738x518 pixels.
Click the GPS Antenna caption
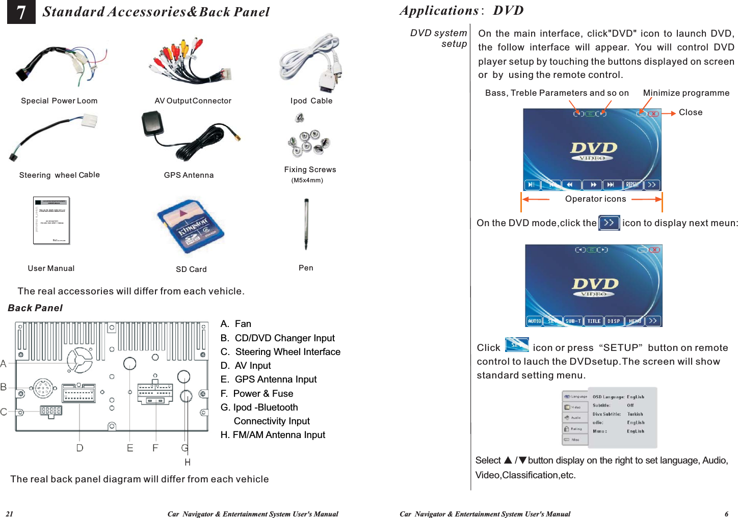pos(189,175)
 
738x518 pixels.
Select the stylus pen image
pos(306,224)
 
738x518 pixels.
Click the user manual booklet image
pos(51,221)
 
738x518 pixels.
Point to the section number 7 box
pos(21,12)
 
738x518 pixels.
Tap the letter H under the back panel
pos(188,462)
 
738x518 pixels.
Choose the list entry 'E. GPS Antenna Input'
pos(269,379)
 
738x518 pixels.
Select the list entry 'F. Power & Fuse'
pos(257,394)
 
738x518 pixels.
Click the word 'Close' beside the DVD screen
pos(691,113)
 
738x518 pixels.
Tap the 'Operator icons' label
pos(595,199)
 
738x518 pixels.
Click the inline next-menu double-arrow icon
pos(609,223)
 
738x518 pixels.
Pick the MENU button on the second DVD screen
pos(635,321)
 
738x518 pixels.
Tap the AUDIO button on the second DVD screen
pos(535,321)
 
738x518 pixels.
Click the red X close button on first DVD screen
pos(653,114)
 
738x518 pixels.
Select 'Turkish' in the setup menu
pos(635,414)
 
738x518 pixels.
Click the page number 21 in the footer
pos(9,514)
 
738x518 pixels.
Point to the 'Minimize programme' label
pos(686,93)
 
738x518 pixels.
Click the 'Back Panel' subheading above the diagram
pos(35,308)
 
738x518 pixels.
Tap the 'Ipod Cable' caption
pos(311,101)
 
